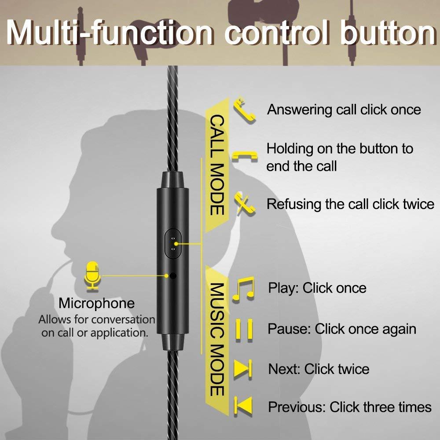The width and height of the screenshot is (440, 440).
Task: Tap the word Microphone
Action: [96, 303]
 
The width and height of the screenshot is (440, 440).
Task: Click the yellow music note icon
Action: [243, 289]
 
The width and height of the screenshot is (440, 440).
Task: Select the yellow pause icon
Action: [244, 330]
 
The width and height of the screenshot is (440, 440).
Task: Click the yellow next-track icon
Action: [243, 369]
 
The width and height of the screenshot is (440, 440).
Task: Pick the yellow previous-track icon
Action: [243, 406]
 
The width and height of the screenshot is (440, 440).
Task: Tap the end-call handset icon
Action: [245, 156]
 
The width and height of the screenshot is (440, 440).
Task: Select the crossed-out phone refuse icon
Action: [245, 204]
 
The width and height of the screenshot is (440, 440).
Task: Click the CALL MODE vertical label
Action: [217, 165]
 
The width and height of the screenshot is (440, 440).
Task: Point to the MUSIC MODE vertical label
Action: [217, 339]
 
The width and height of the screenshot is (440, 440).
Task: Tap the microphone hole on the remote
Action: [173, 276]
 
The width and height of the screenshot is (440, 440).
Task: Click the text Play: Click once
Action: [317, 288]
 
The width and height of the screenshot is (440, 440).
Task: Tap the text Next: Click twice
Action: [319, 369]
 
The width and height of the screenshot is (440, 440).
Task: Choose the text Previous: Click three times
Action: [350, 407]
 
